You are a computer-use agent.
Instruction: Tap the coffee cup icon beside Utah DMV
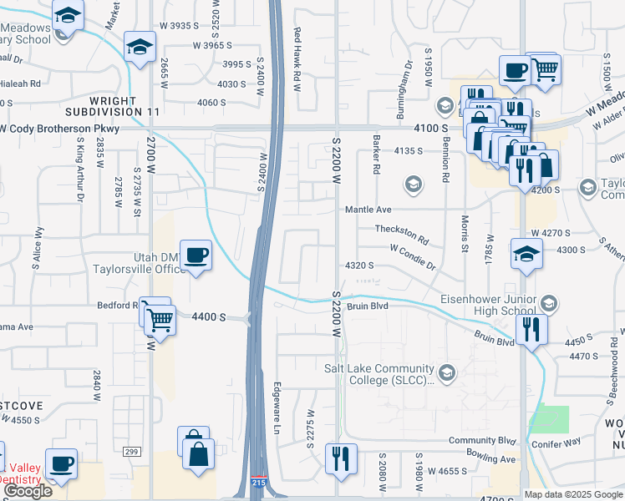point(196,255)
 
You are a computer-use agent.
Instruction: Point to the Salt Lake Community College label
point(380,374)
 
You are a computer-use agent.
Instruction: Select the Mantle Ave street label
point(368,210)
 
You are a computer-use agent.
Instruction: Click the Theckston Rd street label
point(402,232)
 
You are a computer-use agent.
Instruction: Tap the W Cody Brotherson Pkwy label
point(60,129)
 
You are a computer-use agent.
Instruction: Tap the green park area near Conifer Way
point(549,419)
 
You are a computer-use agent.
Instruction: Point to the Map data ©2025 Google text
point(574,494)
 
